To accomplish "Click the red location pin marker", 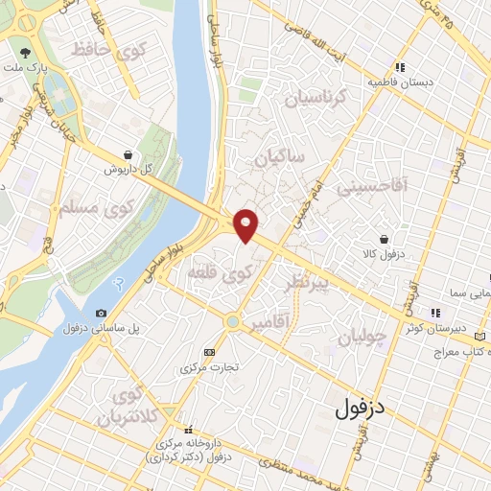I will pos(246,224).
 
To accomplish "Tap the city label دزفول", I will pos(360,409).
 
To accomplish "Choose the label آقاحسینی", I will pos(373,187).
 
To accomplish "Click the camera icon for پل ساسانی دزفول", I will pos(102,313).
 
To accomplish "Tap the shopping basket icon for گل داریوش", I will pos(129,154).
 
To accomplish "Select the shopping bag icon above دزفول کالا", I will pos(384,240).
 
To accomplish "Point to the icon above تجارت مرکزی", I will pos(211,352).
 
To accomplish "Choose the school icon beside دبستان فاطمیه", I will pos(400,67).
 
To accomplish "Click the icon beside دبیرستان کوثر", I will pos(434,312).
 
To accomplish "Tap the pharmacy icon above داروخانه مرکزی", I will pos(189,430).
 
